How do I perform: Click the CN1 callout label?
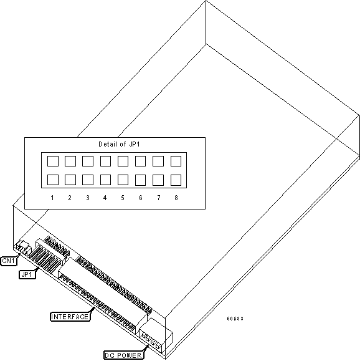click(x=9, y=261)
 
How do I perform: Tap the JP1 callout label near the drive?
click(x=27, y=274)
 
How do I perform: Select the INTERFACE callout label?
click(x=70, y=317)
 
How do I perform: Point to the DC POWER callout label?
click(x=124, y=355)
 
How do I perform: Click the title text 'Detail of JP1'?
click(x=119, y=144)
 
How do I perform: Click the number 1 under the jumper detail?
click(x=52, y=198)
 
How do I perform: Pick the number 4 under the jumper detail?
click(x=105, y=198)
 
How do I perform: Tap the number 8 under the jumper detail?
click(x=176, y=198)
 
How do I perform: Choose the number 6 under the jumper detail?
click(x=141, y=198)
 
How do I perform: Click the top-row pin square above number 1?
click(x=53, y=161)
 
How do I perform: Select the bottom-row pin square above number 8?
click(x=176, y=180)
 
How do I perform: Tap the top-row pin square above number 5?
click(x=123, y=161)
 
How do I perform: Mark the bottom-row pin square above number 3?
click(x=88, y=180)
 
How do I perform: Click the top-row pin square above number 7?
click(x=158, y=161)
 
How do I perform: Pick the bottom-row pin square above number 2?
click(x=70, y=180)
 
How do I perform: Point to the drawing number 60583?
click(x=235, y=319)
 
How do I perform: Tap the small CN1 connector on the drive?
click(x=23, y=248)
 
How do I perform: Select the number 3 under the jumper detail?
click(x=88, y=198)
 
